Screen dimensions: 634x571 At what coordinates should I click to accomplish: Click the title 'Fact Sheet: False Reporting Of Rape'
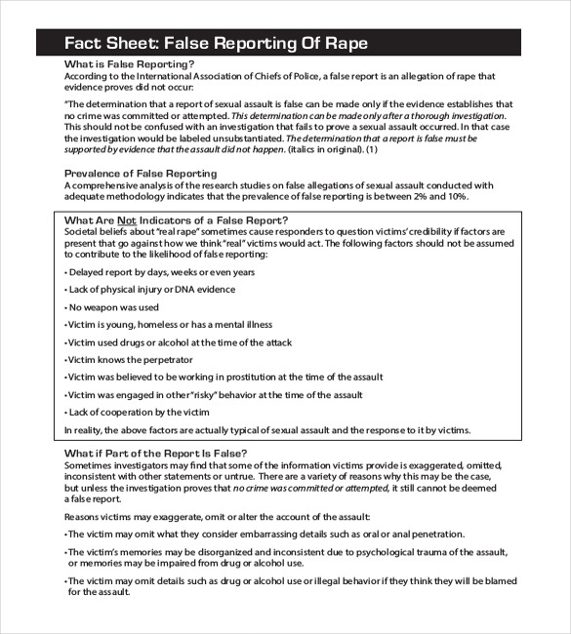[x=216, y=43]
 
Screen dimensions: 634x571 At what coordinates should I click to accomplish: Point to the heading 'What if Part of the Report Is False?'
[x=155, y=454]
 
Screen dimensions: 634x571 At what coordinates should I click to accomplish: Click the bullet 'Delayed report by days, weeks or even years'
[x=159, y=272]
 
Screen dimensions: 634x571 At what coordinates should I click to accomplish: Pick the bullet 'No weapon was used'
[x=111, y=307]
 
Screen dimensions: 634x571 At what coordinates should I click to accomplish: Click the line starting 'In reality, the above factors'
[x=266, y=430]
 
